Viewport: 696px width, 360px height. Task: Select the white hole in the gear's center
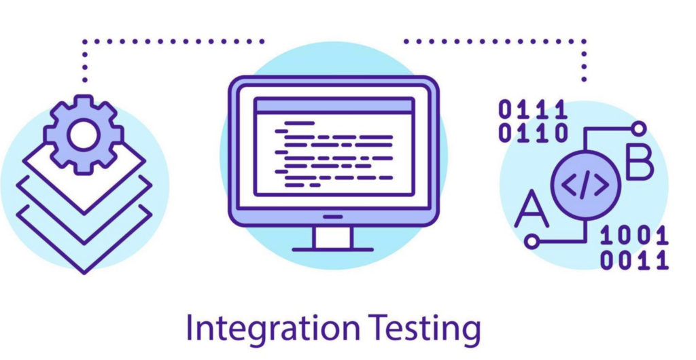pos(84,134)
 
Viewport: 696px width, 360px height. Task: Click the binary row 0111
pos(533,109)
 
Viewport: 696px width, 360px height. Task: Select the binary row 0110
pos(533,132)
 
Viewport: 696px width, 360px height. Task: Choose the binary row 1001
pos(634,236)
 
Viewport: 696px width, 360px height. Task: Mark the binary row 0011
pos(634,259)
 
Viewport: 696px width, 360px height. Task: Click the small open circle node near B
pos(638,128)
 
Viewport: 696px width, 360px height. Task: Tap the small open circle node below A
pos(532,240)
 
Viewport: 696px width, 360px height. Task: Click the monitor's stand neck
pos(333,237)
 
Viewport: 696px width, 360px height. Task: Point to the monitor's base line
pos(333,250)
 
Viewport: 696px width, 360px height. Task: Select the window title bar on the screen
pos(334,105)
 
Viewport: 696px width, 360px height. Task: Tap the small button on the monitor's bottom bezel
pos(333,217)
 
